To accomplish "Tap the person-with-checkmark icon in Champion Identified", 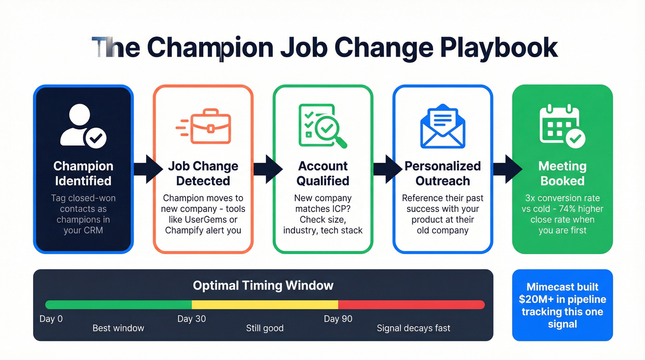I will point(83,125).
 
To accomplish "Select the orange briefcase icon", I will point(203,126).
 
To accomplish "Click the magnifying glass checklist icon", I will point(322,125).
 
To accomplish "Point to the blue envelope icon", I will point(442,125).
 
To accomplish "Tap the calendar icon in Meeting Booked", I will point(562,125).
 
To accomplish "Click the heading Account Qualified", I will point(322,173).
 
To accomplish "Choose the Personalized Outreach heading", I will point(442,173).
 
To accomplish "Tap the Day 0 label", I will point(51,319).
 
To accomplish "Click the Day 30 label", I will point(191,319).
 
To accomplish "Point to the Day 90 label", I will point(338,319).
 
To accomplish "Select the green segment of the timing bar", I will point(118,305).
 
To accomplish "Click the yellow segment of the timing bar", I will point(265,305).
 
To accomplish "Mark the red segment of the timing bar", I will point(411,305).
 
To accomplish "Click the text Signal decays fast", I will point(413,328).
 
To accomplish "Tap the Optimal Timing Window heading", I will point(263,285).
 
